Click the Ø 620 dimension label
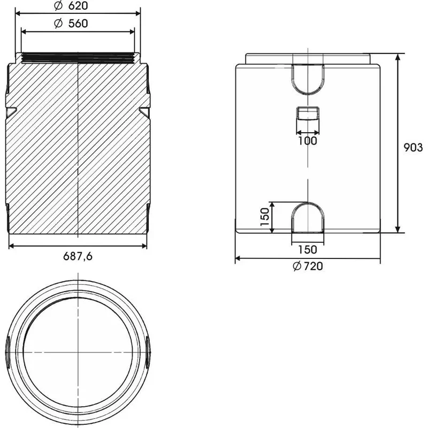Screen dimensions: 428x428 point(71,6)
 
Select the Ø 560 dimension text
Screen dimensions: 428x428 point(71,24)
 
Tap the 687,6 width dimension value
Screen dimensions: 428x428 point(78,256)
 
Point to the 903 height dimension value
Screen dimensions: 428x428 point(413,148)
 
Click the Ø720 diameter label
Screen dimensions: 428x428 point(308,266)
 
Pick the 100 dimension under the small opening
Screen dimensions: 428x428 point(308,141)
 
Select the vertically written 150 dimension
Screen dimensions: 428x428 point(265,217)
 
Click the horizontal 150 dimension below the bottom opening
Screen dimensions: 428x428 point(308,250)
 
